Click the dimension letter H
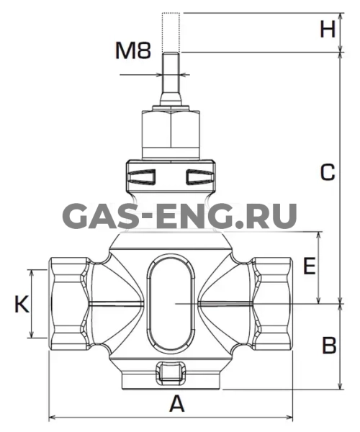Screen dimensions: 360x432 (328, 30)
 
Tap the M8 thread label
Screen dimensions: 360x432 (133, 50)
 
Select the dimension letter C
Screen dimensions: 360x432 (328, 173)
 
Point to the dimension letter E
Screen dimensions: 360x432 (310, 266)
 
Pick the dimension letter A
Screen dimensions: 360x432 (177, 404)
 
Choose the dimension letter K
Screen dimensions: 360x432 (22, 304)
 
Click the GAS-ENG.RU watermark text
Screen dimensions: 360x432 (179, 216)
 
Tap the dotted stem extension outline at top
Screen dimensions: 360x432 (171, 32)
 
